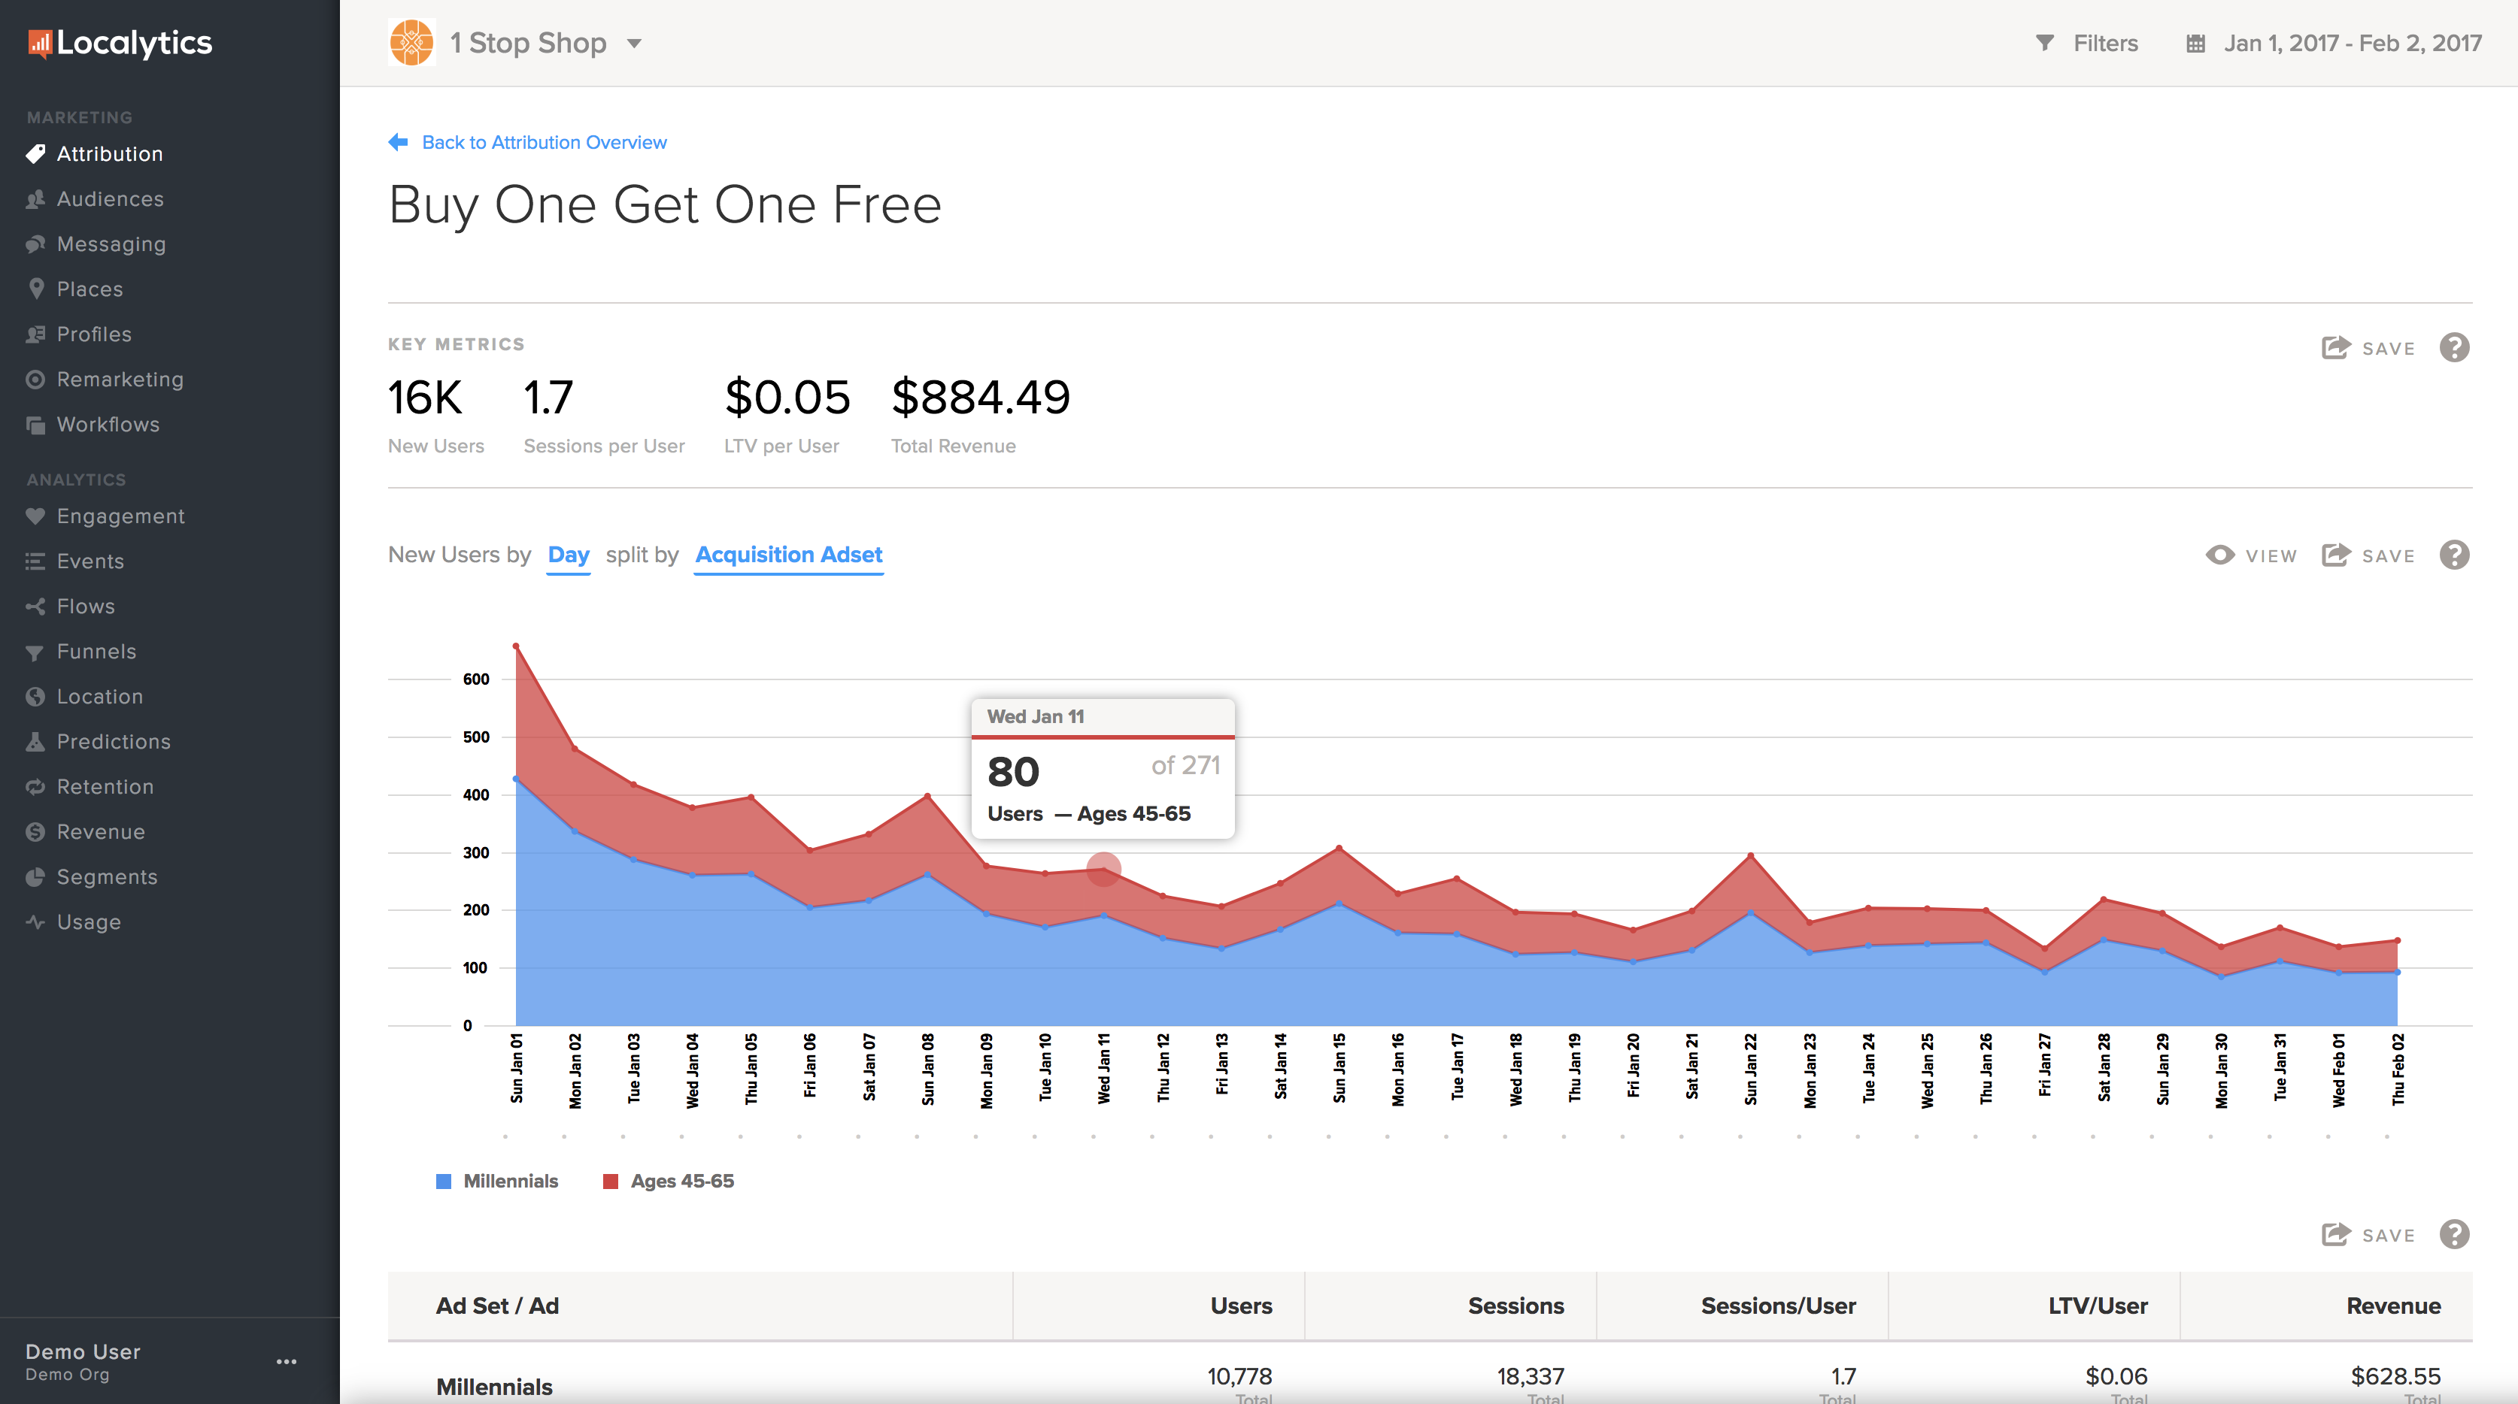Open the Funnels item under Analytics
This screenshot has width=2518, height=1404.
point(96,652)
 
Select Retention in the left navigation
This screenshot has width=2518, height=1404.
point(105,786)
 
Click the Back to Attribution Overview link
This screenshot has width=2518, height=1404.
point(544,143)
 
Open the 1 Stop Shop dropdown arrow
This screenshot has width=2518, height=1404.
point(634,43)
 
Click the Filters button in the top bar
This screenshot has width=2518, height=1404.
point(2087,43)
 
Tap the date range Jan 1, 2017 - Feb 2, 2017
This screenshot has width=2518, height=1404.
point(2351,43)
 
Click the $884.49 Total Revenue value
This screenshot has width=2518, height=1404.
point(981,398)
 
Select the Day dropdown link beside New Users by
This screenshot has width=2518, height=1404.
point(568,555)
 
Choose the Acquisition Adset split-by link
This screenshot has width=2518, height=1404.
point(789,555)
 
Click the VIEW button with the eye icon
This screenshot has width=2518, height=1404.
point(2251,555)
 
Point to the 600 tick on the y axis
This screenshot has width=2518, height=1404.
point(476,679)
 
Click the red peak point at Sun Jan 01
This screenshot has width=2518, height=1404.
point(516,646)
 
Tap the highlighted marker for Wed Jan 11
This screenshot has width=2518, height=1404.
point(1103,869)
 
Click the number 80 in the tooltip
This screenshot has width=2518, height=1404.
point(1012,772)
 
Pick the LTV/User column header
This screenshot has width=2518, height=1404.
point(2098,1306)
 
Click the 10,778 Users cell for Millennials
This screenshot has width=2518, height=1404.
point(1239,1377)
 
